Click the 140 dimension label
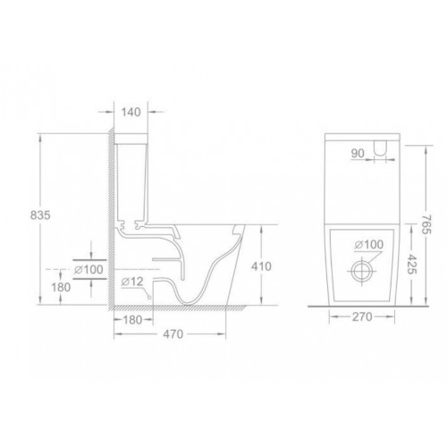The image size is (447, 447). tap(131, 113)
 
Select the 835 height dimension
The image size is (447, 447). tap(40, 215)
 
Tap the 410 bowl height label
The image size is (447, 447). tap(261, 266)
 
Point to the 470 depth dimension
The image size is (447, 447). tap(173, 334)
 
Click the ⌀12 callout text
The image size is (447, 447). tap(132, 282)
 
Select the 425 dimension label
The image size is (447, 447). tap(412, 264)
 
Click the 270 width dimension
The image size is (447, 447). tap(362, 316)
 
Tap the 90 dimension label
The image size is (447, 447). tap(358, 153)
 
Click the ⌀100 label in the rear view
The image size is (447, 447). tap(369, 244)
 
